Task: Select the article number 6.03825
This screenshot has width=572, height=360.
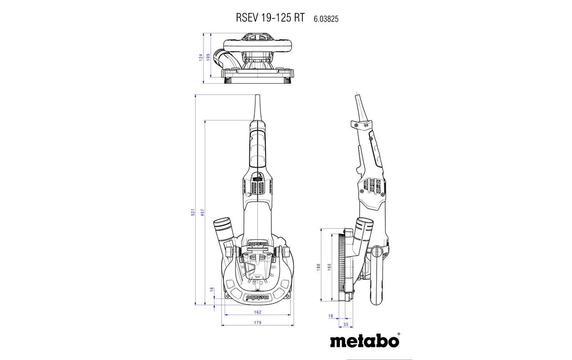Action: [x=323, y=18]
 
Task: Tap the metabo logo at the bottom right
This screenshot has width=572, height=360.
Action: [x=365, y=341]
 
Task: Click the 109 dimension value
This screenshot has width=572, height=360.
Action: [x=208, y=58]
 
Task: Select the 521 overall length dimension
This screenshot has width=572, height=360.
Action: [x=192, y=212]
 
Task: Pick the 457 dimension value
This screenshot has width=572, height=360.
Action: [x=203, y=212]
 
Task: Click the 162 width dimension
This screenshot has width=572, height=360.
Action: [x=257, y=311]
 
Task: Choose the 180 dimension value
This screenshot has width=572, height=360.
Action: [x=318, y=266]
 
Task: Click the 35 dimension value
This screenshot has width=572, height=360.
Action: [x=346, y=324]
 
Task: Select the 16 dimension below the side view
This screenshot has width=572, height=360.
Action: [x=331, y=316]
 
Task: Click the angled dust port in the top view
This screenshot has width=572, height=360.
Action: [x=223, y=58]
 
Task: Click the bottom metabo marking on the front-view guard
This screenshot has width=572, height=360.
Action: [x=257, y=297]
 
